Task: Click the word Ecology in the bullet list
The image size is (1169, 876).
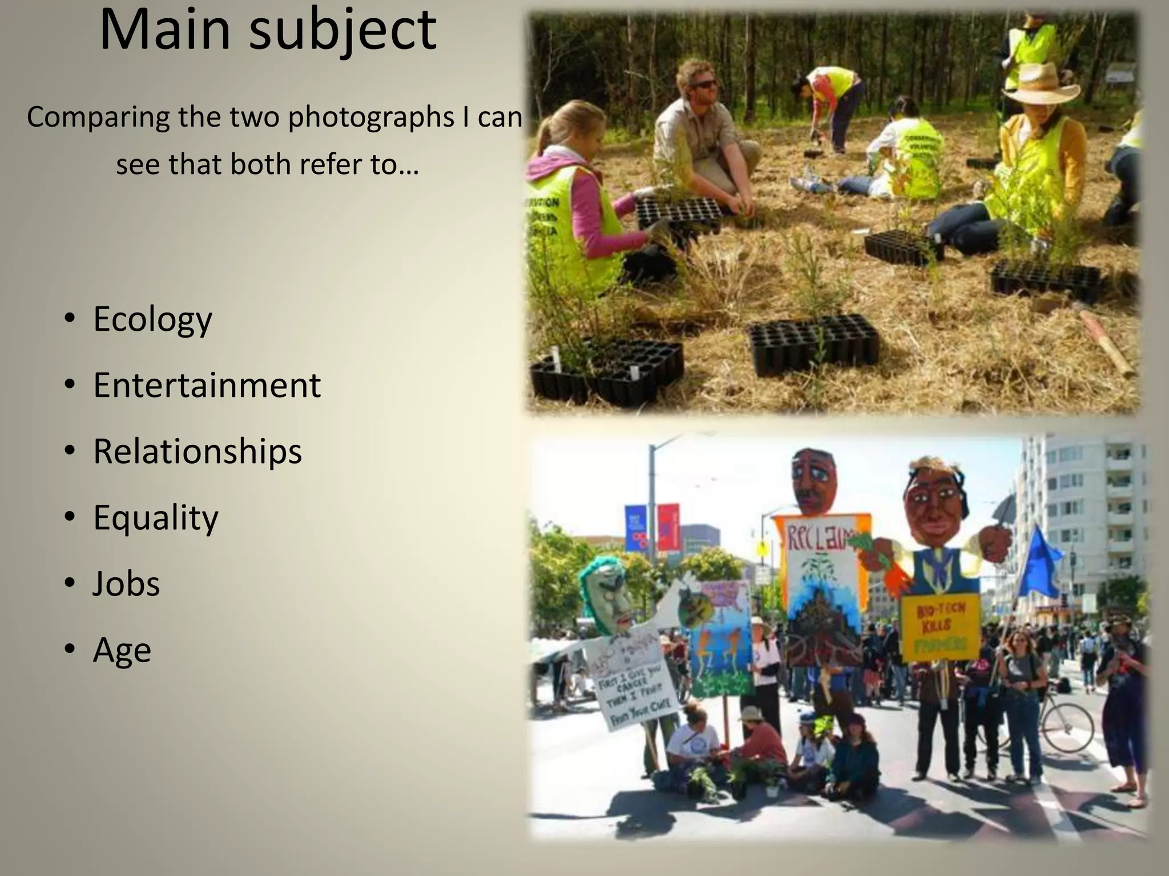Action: click(152, 319)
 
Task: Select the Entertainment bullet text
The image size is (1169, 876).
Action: click(207, 385)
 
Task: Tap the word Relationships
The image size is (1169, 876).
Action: click(197, 451)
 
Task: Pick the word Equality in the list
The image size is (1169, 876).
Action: click(155, 518)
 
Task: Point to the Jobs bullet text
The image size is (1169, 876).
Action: click(126, 583)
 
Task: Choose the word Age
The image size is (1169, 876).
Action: click(122, 650)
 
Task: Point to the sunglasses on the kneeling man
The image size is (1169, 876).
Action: click(704, 84)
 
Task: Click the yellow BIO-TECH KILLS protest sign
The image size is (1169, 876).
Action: click(940, 627)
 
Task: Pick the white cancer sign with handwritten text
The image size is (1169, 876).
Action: click(634, 684)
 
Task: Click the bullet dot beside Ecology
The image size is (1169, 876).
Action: click(69, 319)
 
